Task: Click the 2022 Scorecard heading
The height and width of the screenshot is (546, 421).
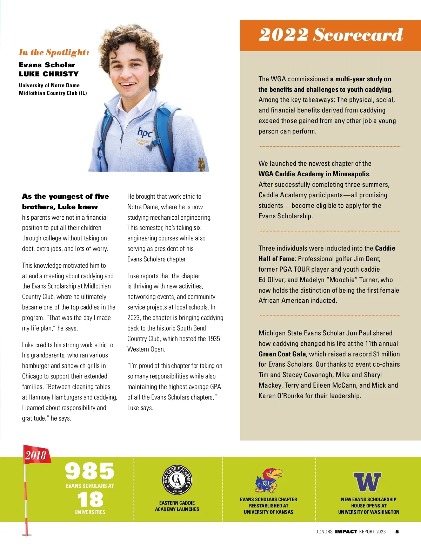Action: click(330, 34)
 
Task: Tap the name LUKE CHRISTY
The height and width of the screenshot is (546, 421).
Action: click(49, 74)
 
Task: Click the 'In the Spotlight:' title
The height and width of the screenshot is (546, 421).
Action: click(54, 53)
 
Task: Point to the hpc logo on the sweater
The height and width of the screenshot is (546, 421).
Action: click(145, 132)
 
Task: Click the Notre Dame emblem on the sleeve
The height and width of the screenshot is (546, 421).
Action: click(202, 164)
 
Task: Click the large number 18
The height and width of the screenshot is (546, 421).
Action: click(90, 499)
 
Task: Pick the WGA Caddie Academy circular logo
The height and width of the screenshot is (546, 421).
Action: click(177, 480)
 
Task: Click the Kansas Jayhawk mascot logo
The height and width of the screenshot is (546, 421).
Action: click(268, 480)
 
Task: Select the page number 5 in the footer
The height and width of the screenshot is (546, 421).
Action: click(397, 532)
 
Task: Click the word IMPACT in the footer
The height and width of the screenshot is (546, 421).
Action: click(346, 532)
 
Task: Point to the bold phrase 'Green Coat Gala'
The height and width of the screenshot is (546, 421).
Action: click(282, 354)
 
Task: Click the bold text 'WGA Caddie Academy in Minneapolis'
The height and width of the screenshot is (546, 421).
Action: click(314, 174)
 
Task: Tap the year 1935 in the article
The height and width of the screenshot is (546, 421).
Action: click(214, 339)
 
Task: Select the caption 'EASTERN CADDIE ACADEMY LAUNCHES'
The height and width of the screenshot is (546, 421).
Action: click(177, 506)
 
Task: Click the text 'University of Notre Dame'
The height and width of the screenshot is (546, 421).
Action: click(49, 85)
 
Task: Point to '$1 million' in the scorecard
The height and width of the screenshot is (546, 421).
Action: click(386, 354)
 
